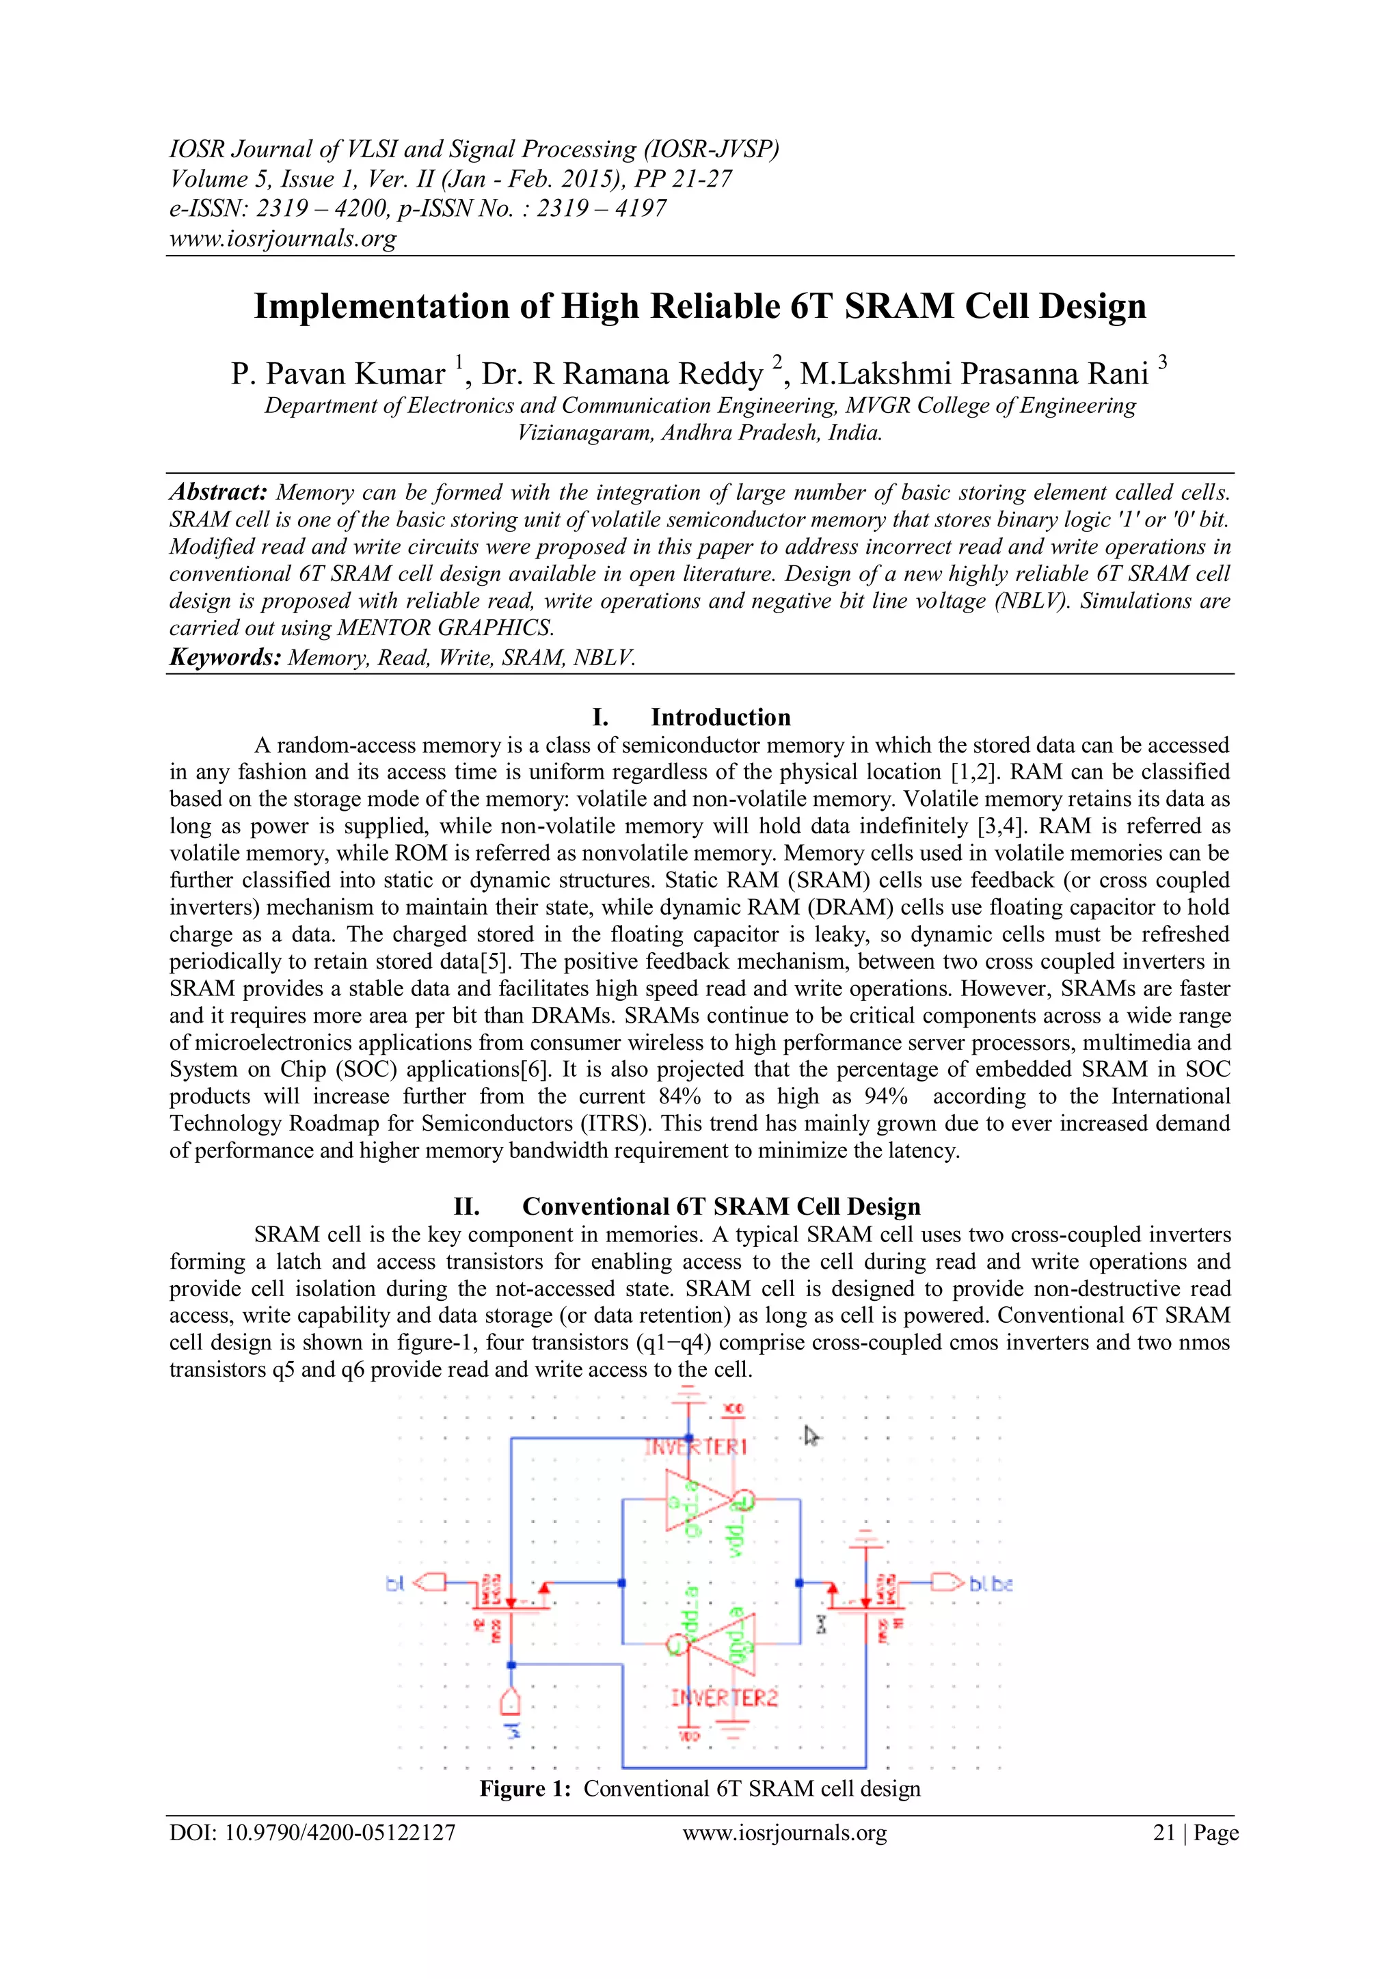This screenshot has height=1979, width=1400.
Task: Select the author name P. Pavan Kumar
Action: (337, 374)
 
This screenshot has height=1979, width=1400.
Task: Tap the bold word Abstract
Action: (218, 492)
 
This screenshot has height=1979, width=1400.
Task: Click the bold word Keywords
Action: (225, 658)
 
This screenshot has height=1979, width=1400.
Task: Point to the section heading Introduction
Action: (720, 717)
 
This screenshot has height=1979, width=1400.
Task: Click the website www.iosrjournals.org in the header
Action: (283, 238)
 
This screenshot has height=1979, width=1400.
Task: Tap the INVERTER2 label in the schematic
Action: (724, 1698)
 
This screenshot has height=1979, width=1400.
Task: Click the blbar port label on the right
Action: (991, 1583)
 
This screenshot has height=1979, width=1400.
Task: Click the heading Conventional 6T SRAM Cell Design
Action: (721, 1206)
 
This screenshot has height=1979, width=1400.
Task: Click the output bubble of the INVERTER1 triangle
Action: (744, 1500)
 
